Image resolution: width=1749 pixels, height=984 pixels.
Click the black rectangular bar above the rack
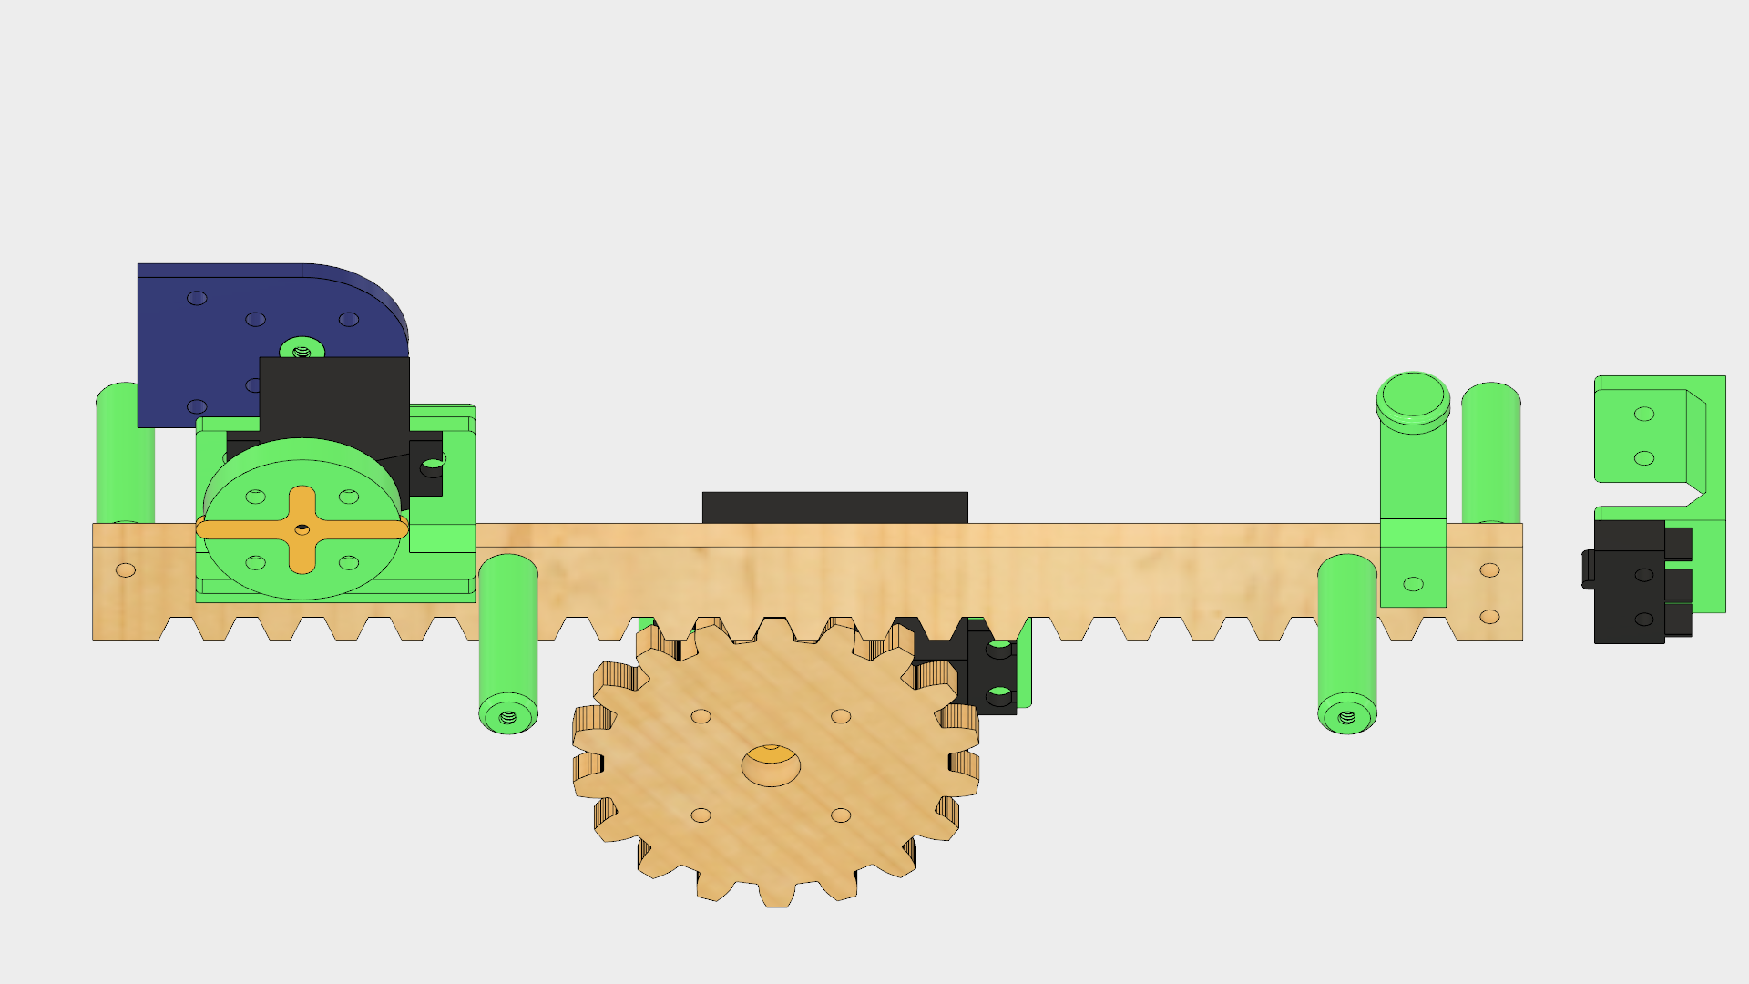[834, 507]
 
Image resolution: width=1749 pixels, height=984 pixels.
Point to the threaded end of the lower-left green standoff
[508, 717]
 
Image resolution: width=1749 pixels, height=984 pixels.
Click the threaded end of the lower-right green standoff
[1347, 717]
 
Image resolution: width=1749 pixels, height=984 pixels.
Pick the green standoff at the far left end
[125, 456]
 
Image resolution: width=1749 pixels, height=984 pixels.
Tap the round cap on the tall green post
[1413, 399]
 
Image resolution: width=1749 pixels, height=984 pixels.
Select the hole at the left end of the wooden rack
[126, 570]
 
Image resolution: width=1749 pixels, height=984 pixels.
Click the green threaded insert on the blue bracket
[302, 350]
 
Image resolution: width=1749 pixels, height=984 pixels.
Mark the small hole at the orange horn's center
[302, 528]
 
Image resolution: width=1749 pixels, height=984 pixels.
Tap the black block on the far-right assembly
[1629, 583]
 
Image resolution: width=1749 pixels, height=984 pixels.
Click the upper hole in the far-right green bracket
[1644, 414]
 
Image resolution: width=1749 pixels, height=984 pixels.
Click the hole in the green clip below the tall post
[1413, 584]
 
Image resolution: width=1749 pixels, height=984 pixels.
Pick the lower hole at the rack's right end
[1489, 617]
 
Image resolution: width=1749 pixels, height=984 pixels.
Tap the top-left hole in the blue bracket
[197, 298]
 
